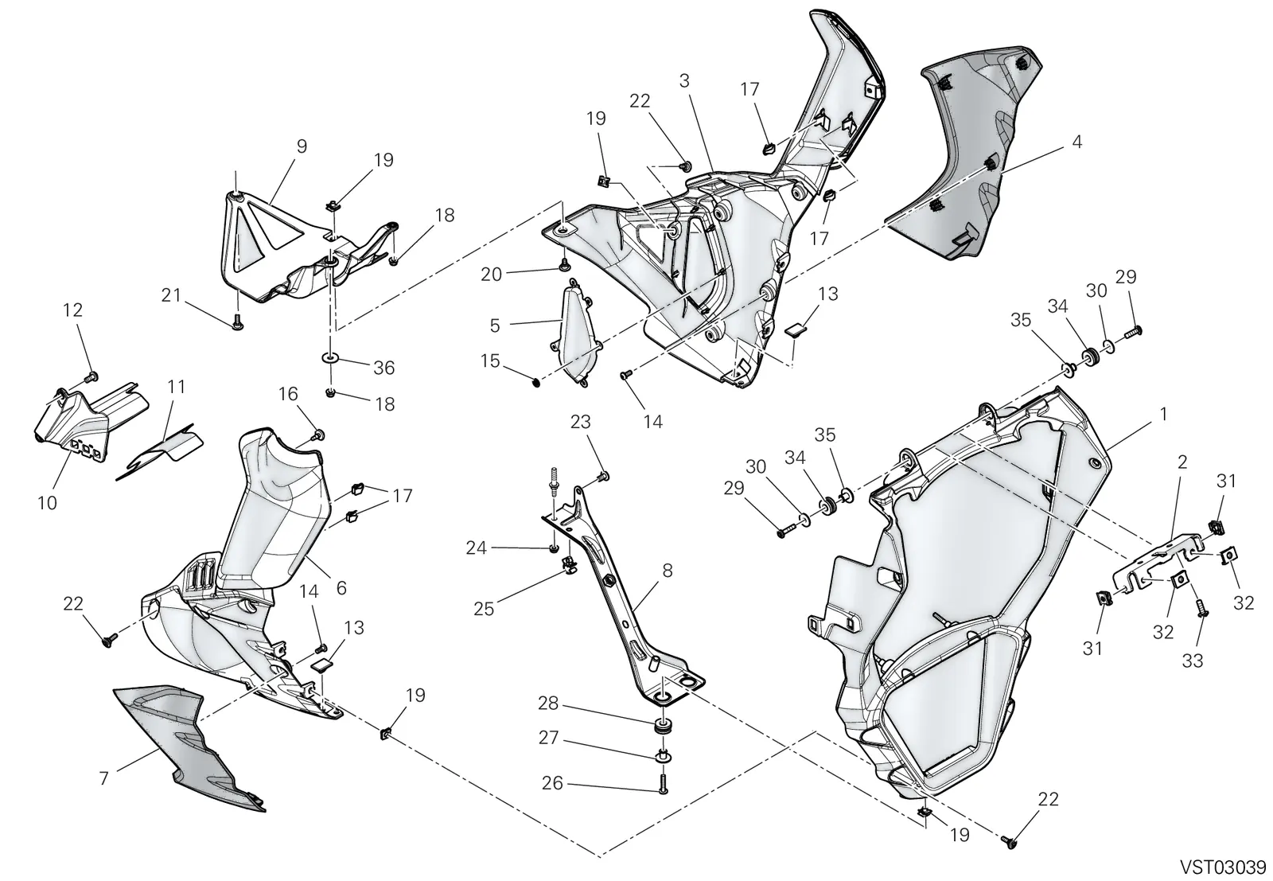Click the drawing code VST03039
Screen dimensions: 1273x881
click(x=1226, y=867)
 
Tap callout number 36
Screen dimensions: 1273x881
click(x=383, y=368)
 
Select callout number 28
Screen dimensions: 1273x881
click(x=548, y=704)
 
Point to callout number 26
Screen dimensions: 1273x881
click(x=552, y=783)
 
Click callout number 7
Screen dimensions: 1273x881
click(x=103, y=778)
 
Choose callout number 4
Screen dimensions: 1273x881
click(x=1077, y=142)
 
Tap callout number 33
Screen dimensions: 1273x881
click(x=1193, y=661)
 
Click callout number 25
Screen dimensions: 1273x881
click(x=484, y=609)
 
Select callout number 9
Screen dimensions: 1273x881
click(x=302, y=146)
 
